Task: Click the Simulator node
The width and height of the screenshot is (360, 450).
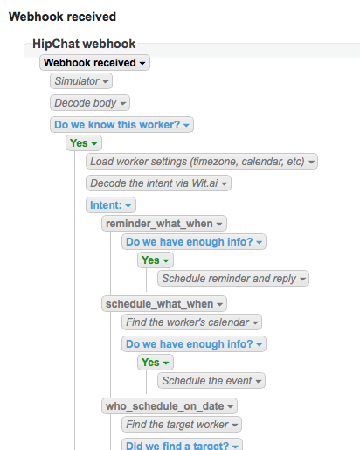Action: [x=81, y=81]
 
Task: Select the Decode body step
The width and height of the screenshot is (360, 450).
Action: [x=90, y=103]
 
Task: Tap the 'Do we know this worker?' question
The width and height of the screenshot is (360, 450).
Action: [x=121, y=125]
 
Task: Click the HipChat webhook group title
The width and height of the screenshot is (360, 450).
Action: [x=84, y=44]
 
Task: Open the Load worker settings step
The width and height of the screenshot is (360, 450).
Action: [x=202, y=162]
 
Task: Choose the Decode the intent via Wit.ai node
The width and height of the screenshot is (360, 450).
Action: [x=158, y=183]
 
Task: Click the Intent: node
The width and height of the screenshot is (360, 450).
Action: [x=111, y=205]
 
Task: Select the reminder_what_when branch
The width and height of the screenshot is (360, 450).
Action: [x=164, y=224]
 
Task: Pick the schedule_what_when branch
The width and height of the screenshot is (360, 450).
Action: [x=164, y=304]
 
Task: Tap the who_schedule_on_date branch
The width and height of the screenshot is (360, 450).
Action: [x=170, y=406]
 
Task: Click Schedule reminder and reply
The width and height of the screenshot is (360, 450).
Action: [x=233, y=279]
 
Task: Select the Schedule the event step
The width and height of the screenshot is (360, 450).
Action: [x=211, y=381]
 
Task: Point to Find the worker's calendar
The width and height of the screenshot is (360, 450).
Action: [x=191, y=322]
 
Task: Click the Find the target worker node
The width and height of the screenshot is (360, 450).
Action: [x=182, y=425]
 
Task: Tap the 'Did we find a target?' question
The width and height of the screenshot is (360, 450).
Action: [x=182, y=445]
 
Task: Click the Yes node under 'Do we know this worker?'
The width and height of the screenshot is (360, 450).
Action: [x=84, y=143]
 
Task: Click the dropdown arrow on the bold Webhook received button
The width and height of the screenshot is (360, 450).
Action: [x=142, y=63]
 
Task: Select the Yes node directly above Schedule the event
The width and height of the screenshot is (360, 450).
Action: [x=156, y=363]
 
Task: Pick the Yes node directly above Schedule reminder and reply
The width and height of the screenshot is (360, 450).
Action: [x=156, y=260]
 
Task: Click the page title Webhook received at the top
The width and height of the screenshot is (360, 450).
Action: [x=62, y=17]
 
